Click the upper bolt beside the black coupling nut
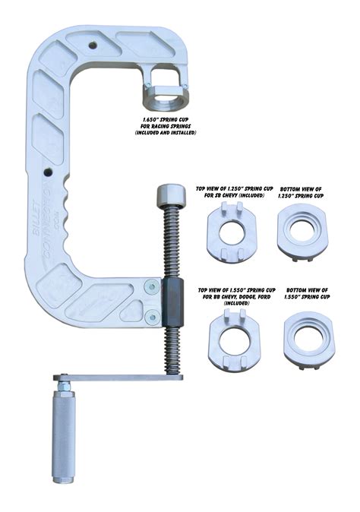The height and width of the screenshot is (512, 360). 152,286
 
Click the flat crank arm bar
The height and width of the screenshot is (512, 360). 114,378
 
